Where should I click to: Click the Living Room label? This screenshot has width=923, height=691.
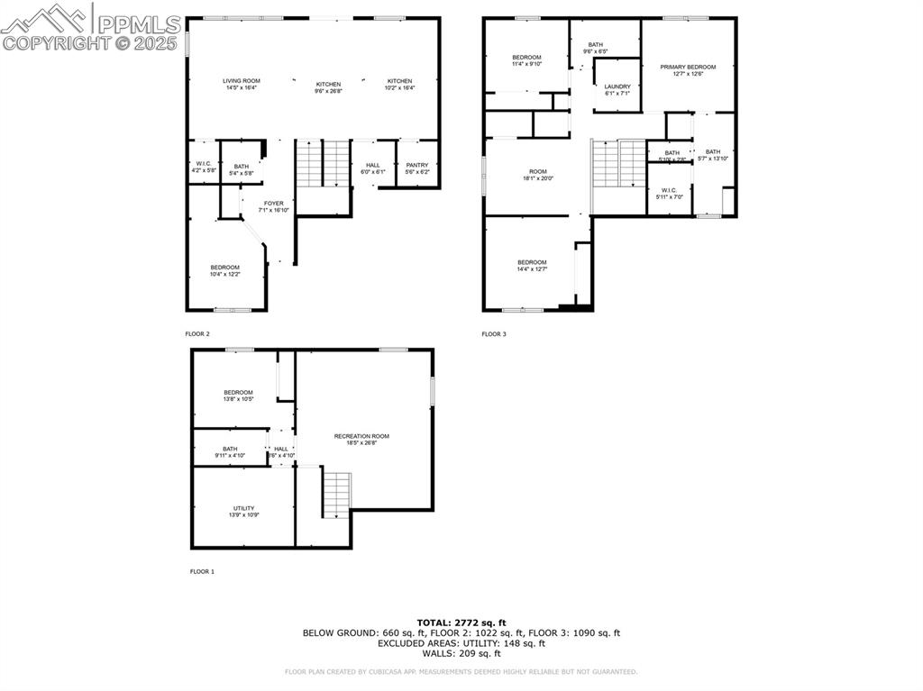tap(242, 85)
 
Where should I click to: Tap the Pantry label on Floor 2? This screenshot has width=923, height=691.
tap(417, 168)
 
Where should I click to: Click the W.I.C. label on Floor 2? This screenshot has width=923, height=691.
tap(204, 167)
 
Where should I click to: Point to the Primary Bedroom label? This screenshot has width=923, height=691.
tap(688, 70)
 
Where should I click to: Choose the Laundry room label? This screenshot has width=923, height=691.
tap(617, 89)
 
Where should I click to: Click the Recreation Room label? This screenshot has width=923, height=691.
tap(361, 439)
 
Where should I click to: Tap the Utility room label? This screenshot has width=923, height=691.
tap(243, 511)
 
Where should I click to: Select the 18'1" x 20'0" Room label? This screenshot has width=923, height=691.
tap(538, 175)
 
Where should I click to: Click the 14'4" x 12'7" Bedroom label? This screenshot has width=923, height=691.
tap(532, 266)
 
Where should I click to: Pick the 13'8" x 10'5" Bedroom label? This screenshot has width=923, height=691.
tap(239, 396)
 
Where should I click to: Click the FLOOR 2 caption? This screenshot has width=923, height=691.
tap(197, 334)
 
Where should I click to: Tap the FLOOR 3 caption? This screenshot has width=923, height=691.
tap(494, 334)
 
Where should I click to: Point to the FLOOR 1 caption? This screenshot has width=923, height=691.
tap(202, 571)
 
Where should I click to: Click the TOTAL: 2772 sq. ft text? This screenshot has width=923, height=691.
tap(461, 623)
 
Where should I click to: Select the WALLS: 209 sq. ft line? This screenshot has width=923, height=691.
tap(461, 653)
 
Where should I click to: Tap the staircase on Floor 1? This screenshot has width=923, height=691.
tap(336, 494)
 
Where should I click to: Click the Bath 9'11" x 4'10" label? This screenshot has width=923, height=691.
tap(231, 452)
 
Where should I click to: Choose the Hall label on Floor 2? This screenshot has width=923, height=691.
tap(373, 168)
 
